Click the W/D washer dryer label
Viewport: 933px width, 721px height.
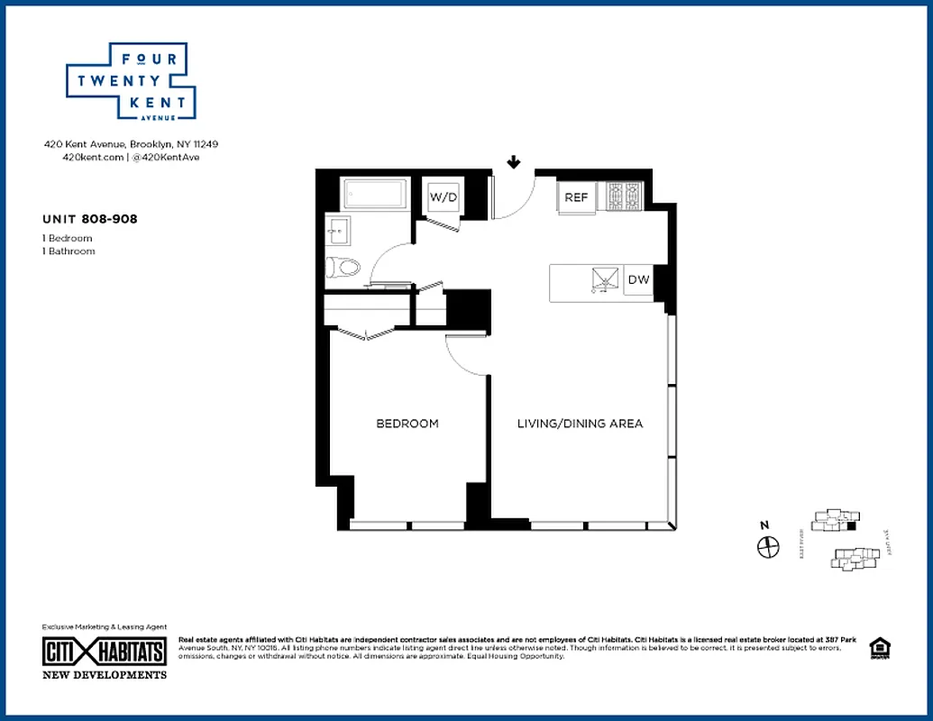(x=442, y=196)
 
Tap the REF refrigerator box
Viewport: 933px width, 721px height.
(x=576, y=197)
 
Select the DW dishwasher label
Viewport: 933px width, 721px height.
(x=638, y=279)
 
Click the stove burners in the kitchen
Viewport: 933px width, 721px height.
(x=623, y=196)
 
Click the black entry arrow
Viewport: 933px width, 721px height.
(x=513, y=162)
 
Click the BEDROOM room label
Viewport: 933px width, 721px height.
(x=407, y=424)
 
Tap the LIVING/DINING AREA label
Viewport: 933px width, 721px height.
(x=580, y=424)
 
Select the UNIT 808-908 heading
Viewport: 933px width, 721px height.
(x=90, y=218)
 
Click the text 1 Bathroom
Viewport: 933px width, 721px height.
(x=69, y=251)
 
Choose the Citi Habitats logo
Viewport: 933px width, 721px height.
(x=105, y=652)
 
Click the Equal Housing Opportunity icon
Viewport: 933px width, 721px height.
(x=877, y=648)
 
